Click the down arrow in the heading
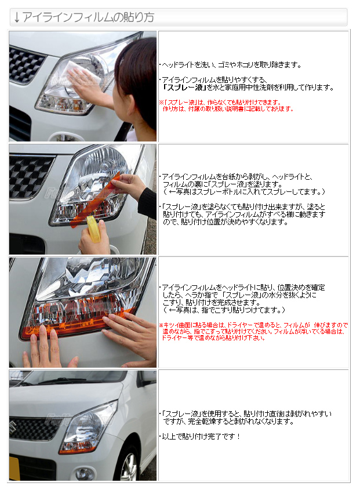pyautogui.click(x=17, y=17)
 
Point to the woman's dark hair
pyautogui.click(x=138, y=75)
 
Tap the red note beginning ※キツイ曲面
pyautogui.click(x=253, y=331)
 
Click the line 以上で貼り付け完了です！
pyautogui.click(x=201, y=436)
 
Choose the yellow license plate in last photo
pyautogui.click(x=14, y=469)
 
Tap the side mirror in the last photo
pyautogui.click(x=147, y=378)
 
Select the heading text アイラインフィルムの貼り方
pyautogui.click(x=89, y=17)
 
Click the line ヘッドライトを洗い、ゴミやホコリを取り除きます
pyautogui.click(x=231, y=65)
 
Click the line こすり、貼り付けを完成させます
pyautogui.click(x=211, y=303)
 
